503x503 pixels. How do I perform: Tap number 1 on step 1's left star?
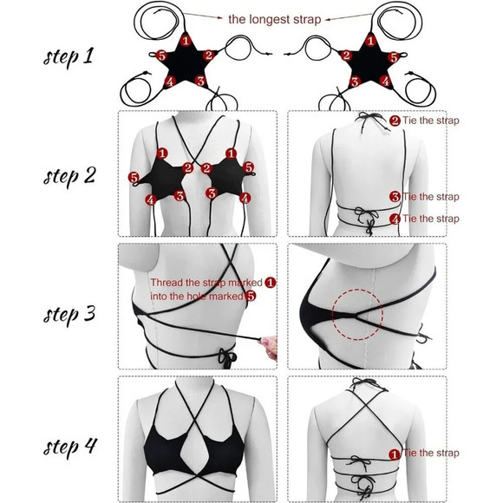click(185, 40)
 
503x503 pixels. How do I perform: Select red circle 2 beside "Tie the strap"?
click(395, 121)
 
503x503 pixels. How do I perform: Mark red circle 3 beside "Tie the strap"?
click(395, 197)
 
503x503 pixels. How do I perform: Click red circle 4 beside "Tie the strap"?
click(395, 219)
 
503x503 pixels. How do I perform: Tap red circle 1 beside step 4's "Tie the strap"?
click(395, 453)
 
